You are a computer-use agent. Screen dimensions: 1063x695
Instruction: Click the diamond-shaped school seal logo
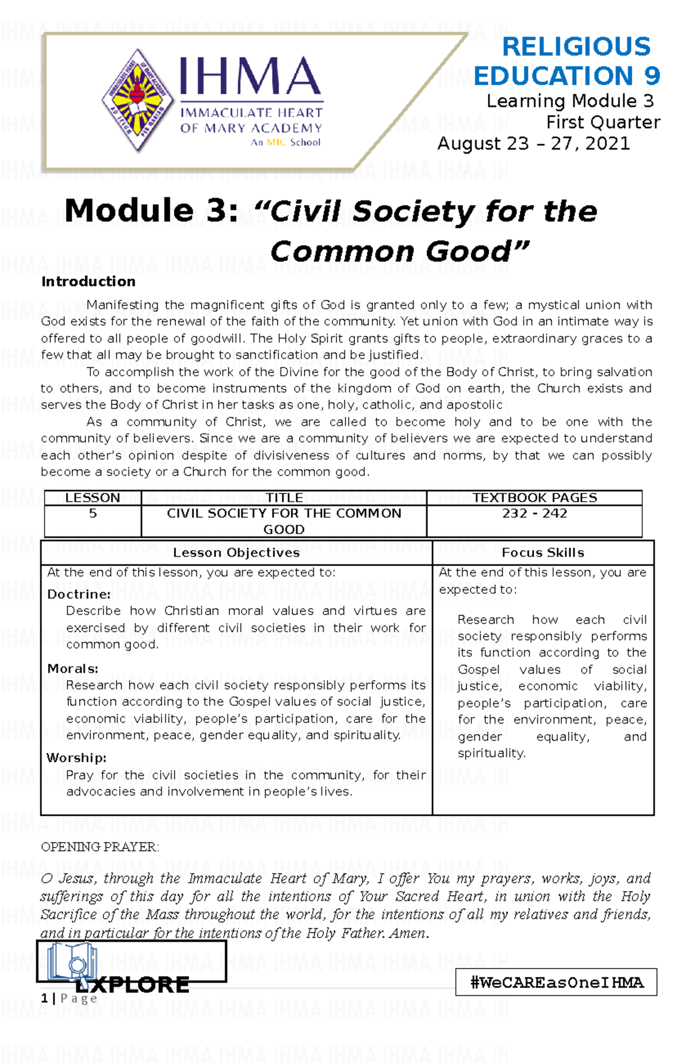pyautogui.click(x=137, y=100)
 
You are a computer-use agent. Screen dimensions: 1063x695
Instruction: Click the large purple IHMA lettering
pyautogui.click(x=250, y=77)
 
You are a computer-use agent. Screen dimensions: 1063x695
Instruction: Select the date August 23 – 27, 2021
pyautogui.click(x=533, y=144)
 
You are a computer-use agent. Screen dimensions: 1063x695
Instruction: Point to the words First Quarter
pyautogui.click(x=603, y=122)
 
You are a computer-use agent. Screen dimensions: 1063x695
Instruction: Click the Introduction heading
pyautogui.click(x=88, y=282)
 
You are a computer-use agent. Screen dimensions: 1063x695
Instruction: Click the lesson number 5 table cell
pyautogui.click(x=93, y=513)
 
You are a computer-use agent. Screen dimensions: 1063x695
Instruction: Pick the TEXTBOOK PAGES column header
pyautogui.click(x=534, y=498)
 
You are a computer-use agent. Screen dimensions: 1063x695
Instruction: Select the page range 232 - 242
pyautogui.click(x=534, y=513)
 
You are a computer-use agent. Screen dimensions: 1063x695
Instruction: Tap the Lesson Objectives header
pyautogui.click(x=236, y=553)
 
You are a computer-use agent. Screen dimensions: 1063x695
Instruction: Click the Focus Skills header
pyautogui.click(x=543, y=553)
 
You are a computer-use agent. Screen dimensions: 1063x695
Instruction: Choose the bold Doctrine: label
pyautogui.click(x=79, y=594)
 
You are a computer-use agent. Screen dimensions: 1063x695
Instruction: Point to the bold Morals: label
pyautogui.click(x=73, y=669)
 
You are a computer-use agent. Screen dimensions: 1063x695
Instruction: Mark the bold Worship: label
pyautogui.click(x=76, y=758)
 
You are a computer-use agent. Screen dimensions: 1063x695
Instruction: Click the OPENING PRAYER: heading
pyautogui.click(x=100, y=847)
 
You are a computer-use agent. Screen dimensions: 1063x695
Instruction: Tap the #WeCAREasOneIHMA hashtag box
pyautogui.click(x=556, y=982)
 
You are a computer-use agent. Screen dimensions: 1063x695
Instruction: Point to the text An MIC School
pyautogui.click(x=285, y=143)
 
